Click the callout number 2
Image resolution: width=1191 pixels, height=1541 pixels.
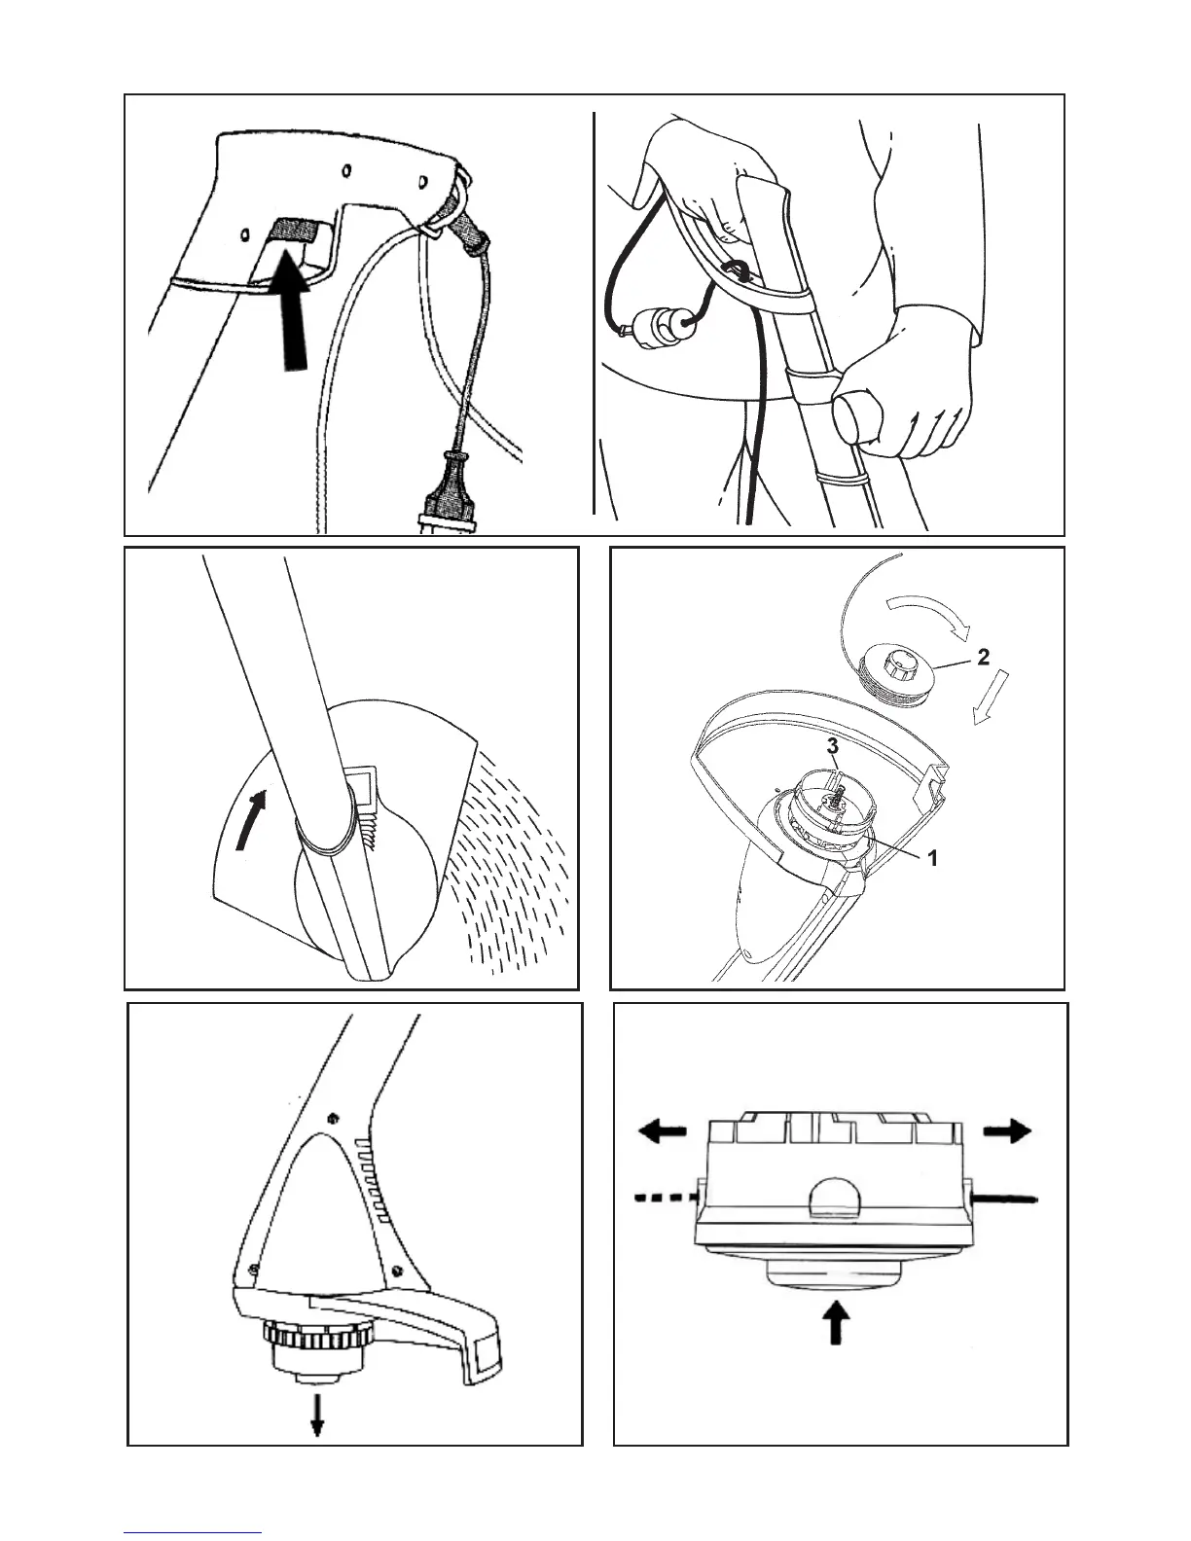(984, 657)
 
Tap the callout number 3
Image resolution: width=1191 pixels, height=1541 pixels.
(832, 747)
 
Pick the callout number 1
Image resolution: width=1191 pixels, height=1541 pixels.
(931, 859)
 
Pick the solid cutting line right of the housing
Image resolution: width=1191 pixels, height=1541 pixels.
(1007, 1200)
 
